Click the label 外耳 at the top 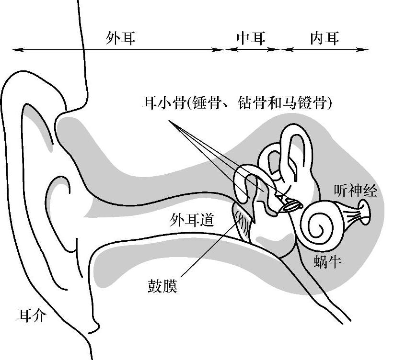tap(120, 38)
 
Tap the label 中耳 tap(251, 38)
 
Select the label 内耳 tap(324, 38)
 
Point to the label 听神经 tap(355, 191)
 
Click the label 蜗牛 tap(328, 261)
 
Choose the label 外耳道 tap(192, 220)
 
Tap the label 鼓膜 tap(162, 286)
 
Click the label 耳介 tap(32, 315)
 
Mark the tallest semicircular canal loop tap(293, 144)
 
